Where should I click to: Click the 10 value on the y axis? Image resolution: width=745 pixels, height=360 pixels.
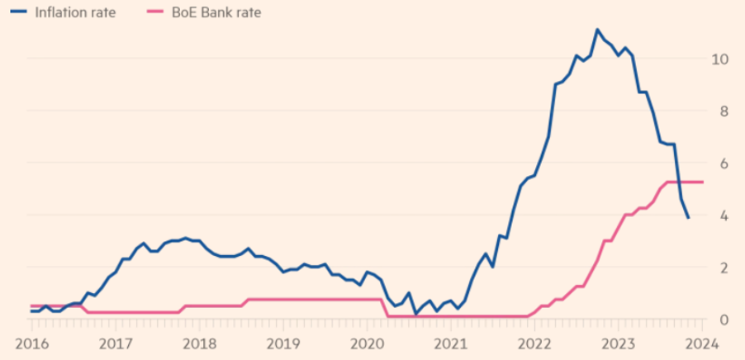pos(719,59)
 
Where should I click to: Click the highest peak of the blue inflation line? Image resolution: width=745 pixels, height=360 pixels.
pos(596,30)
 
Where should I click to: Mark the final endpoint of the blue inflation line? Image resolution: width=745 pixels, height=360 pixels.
pos(689,218)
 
